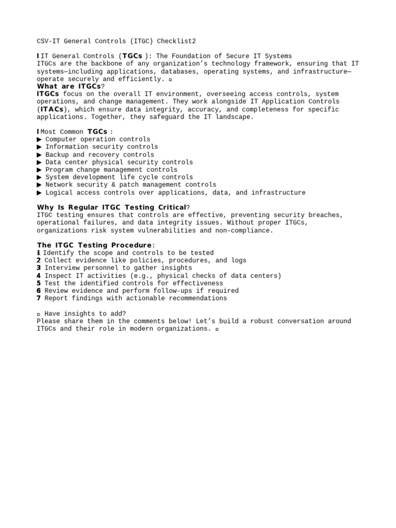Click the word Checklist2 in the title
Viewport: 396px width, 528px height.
pos(176,41)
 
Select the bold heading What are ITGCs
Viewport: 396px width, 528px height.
pos(69,87)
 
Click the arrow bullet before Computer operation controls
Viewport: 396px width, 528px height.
pos(40,140)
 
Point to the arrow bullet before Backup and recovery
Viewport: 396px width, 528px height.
pos(40,155)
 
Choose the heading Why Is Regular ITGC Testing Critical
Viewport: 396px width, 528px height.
pos(111,207)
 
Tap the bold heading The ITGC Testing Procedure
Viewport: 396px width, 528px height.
pos(94,245)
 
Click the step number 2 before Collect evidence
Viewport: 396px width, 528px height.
pos(39,260)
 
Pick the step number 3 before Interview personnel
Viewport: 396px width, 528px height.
pos(39,268)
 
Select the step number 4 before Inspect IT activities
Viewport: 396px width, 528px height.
pos(39,275)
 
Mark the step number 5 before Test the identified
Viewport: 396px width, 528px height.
pos(39,283)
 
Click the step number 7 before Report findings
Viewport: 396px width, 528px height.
pos(39,298)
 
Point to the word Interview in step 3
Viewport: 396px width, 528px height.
pos(63,268)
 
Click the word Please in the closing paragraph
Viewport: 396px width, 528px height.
pos(48,321)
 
